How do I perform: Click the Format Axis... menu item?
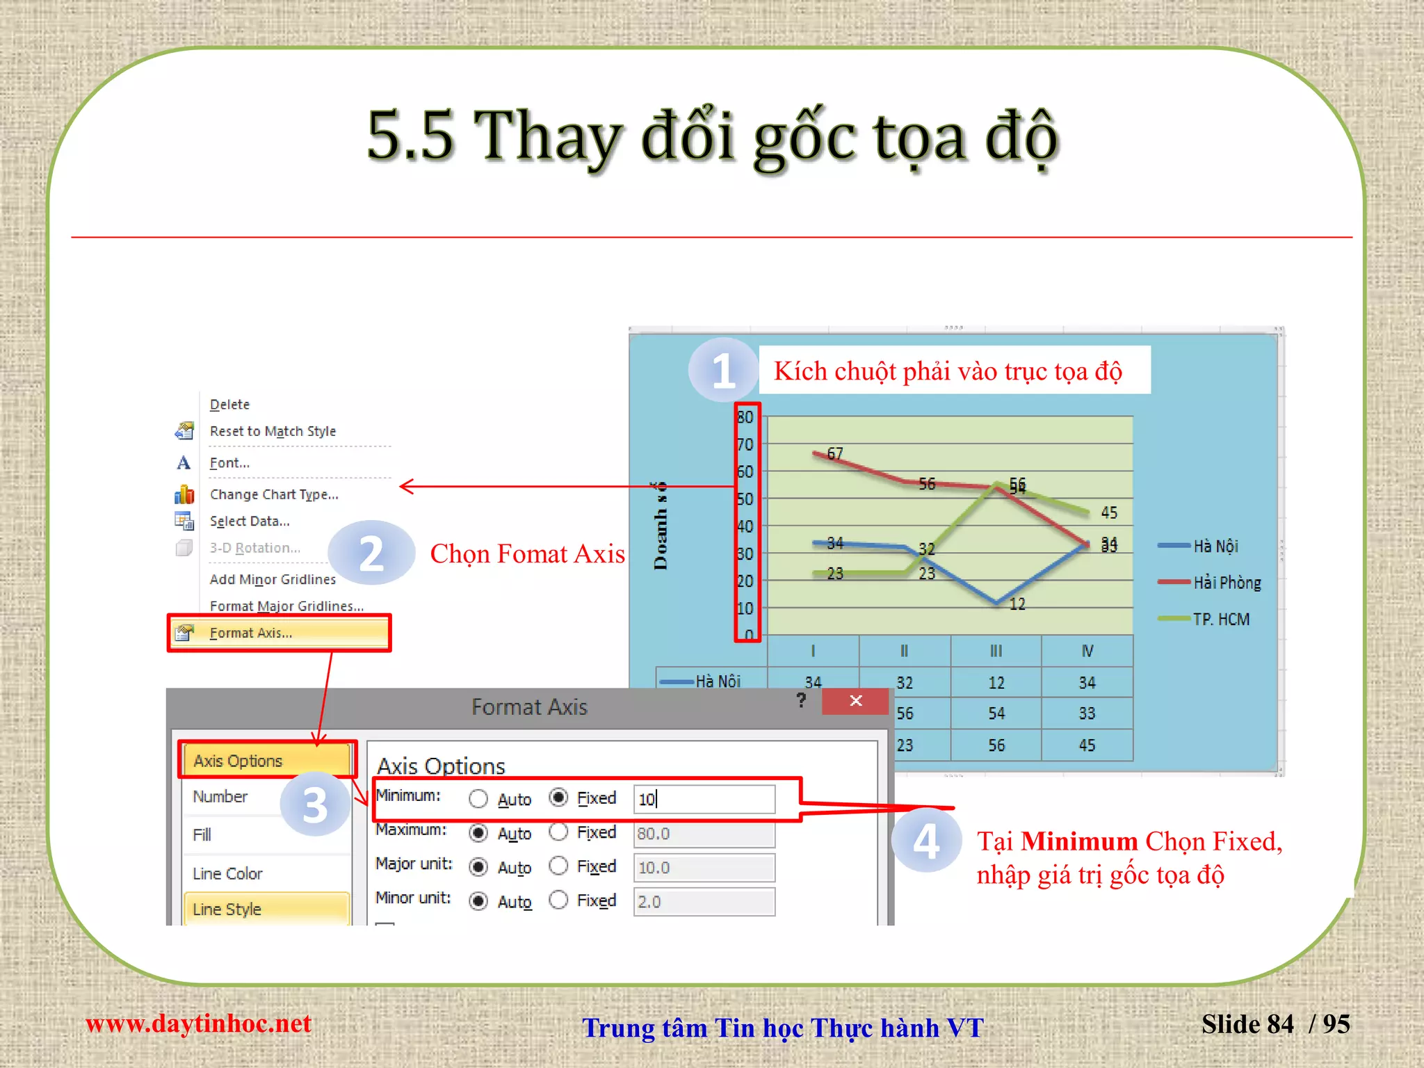click(x=251, y=633)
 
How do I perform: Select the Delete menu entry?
click(x=229, y=405)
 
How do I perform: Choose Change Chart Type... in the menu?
click(x=274, y=494)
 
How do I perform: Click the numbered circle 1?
click(x=723, y=371)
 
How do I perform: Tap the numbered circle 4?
click(x=926, y=841)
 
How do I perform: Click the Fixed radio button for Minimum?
click(x=558, y=798)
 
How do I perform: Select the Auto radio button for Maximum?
click(x=478, y=832)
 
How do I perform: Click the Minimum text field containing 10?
click(x=704, y=799)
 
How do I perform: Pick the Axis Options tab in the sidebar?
click(x=238, y=761)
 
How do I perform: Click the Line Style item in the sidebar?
click(x=227, y=909)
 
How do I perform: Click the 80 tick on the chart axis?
click(x=745, y=417)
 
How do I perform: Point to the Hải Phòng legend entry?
click(x=1227, y=583)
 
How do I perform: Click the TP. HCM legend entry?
click(x=1221, y=619)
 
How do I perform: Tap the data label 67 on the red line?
click(x=835, y=453)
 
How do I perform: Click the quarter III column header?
click(x=996, y=651)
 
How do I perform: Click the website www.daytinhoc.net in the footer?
click(x=198, y=1023)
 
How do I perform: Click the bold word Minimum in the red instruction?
click(x=1078, y=841)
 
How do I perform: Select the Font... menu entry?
click(x=229, y=463)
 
